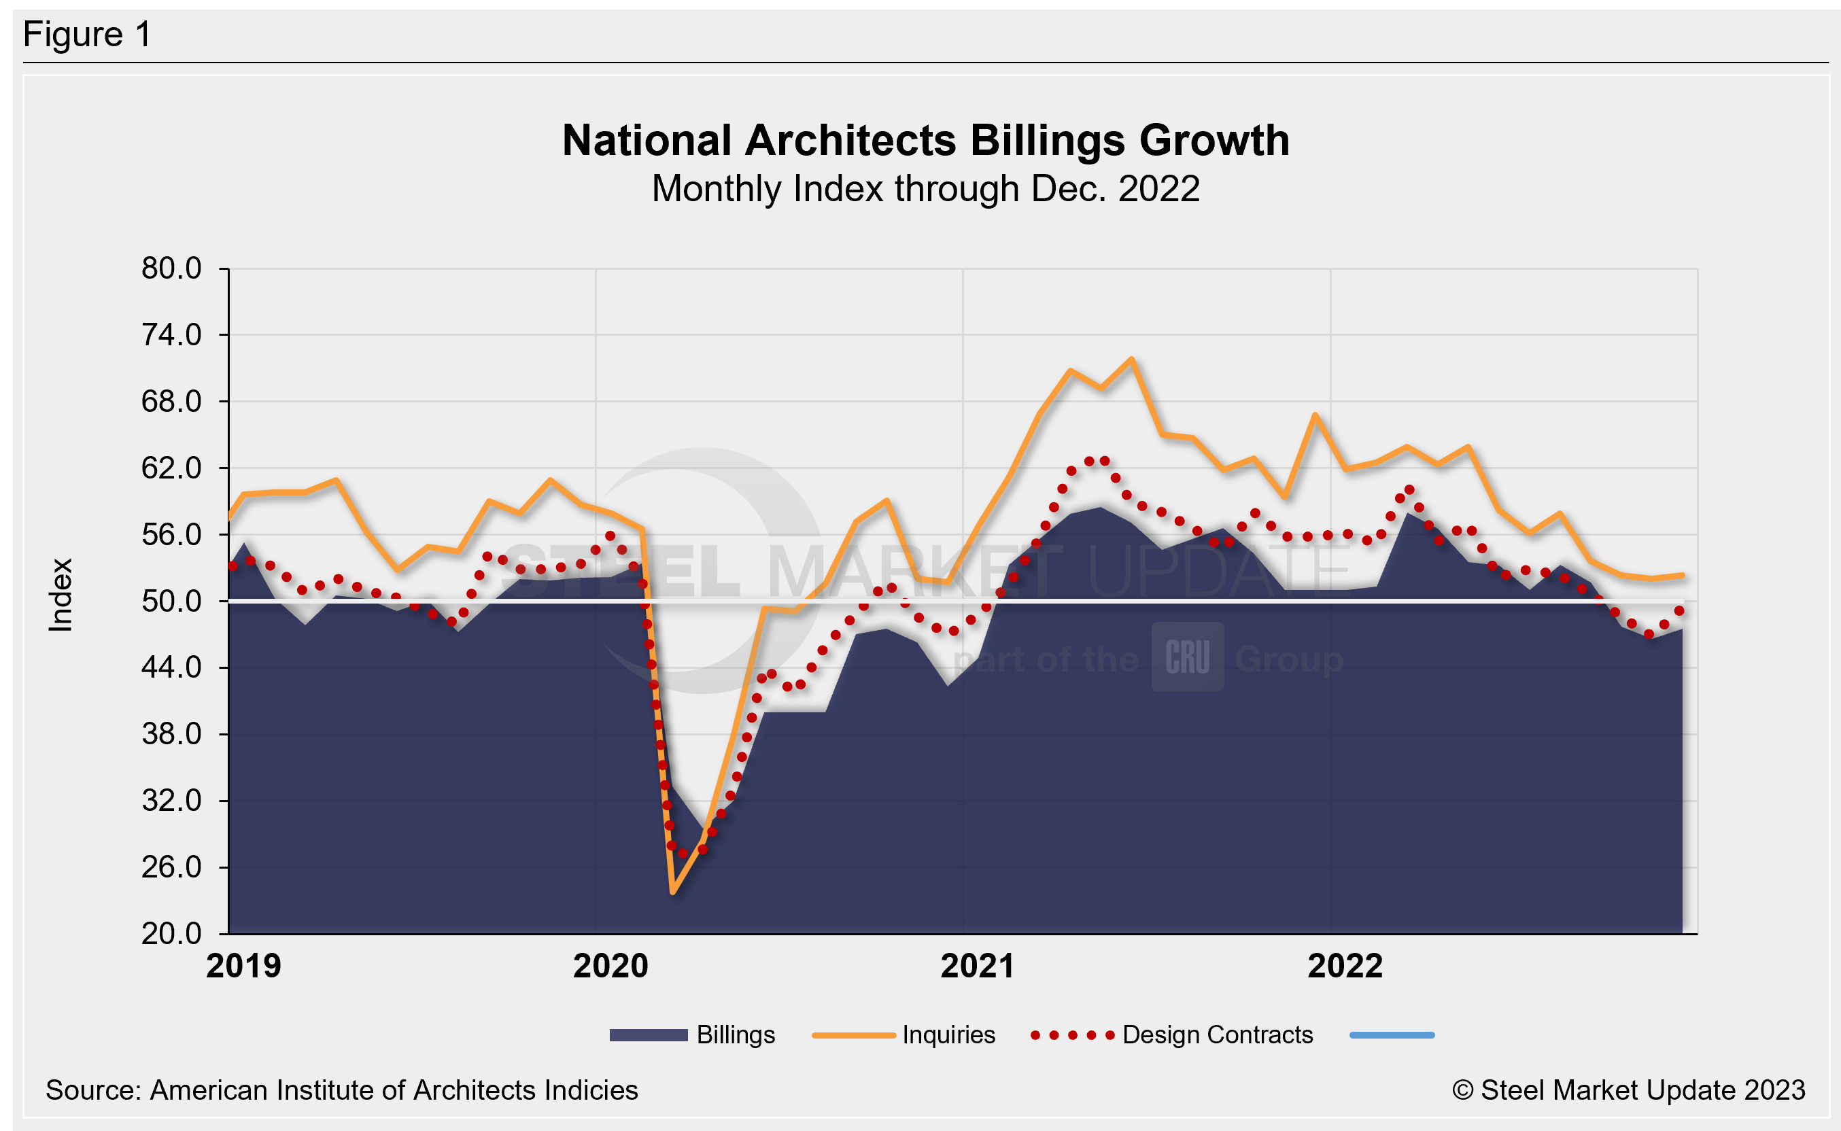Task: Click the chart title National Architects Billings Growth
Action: click(x=925, y=141)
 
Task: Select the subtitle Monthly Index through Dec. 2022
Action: click(x=925, y=188)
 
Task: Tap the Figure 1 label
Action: click(x=87, y=35)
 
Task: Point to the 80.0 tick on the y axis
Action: click(x=171, y=268)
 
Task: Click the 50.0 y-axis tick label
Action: click(x=171, y=601)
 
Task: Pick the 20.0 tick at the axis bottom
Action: click(x=171, y=933)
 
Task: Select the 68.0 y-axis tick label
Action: click(x=171, y=402)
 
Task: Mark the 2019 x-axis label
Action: click(x=243, y=967)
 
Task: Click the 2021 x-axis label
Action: click(x=977, y=967)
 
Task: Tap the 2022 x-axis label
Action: click(x=1344, y=967)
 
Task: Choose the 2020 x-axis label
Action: click(x=610, y=967)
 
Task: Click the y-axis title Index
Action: click(x=61, y=595)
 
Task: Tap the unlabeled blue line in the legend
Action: click(x=1392, y=1035)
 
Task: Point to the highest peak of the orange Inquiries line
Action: click(x=1132, y=360)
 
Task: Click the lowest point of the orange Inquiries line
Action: click(x=673, y=892)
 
